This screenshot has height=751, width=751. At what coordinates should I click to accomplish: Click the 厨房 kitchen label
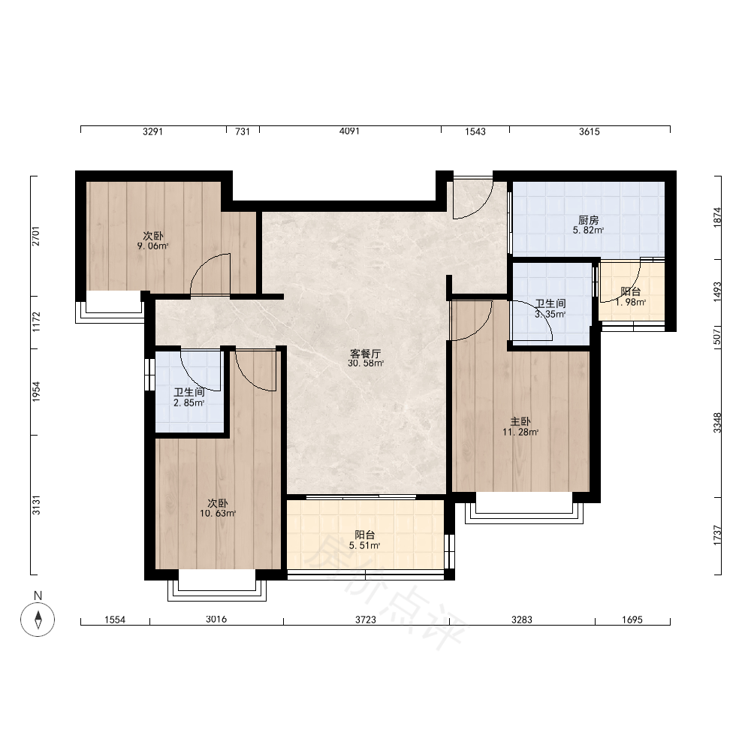588,220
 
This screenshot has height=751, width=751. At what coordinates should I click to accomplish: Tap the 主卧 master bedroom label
520,421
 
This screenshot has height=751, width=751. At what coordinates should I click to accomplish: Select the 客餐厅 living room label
366,354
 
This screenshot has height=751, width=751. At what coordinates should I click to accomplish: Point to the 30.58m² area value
366,363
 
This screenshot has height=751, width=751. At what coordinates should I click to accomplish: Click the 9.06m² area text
152,246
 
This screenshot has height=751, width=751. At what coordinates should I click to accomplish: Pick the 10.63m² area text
218,514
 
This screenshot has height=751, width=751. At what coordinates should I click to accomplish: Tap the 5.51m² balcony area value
364,545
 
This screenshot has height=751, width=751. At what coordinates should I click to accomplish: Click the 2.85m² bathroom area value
189,403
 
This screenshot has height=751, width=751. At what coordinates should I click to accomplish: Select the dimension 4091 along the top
349,131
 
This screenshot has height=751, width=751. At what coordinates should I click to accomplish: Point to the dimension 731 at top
243,131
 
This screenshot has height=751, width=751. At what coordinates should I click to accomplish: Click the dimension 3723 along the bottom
366,620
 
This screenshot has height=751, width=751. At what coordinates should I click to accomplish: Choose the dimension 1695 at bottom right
632,620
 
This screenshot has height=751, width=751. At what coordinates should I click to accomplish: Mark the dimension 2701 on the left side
36,236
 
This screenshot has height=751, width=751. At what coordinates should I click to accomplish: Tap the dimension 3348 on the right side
717,422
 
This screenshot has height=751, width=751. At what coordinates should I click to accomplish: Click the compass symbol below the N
38,620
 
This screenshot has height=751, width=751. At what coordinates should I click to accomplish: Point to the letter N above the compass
38,596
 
